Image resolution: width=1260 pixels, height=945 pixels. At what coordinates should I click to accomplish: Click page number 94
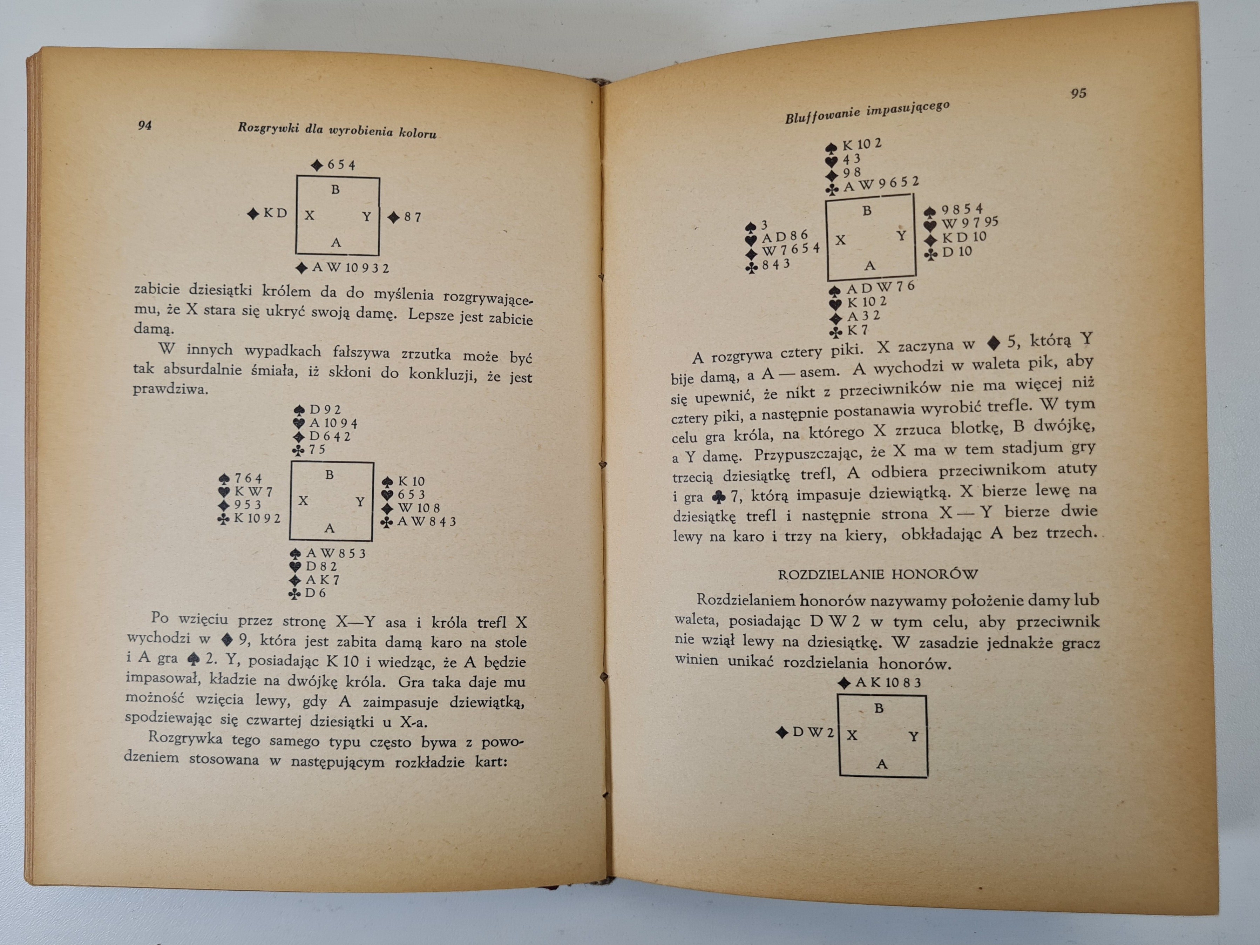(x=145, y=125)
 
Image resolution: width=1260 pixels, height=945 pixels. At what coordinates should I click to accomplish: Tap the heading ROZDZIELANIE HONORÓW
(x=878, y=574)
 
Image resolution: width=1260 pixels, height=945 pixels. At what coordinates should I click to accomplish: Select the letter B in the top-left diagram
(x=336, y=190)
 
